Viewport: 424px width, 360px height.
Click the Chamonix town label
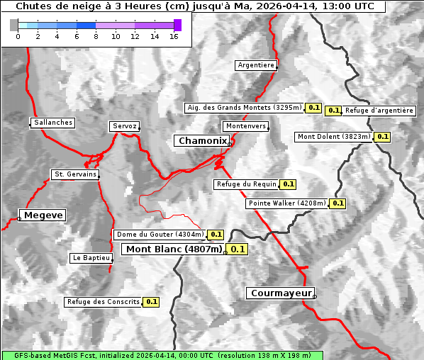tap(202, 141)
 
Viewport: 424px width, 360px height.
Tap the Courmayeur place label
tap(281, 293)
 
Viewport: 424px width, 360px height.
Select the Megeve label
tap(43, 215)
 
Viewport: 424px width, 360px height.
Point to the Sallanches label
tap(53, 123)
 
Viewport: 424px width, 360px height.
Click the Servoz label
tap(124, 126)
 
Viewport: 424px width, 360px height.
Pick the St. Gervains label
tap(75, 174)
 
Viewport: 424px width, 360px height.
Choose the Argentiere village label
tap(256, 65)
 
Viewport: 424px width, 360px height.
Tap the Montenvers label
tap(246, 126)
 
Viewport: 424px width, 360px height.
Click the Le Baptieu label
tap(91, 258)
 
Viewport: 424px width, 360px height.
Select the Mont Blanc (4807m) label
tap(174, 249)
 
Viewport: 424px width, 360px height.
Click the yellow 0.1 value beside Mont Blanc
tap(238, 249)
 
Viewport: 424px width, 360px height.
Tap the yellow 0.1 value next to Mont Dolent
tap(382, 137)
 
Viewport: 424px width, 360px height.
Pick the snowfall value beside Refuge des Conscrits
tap(151, 302)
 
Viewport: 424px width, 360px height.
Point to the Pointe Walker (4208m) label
tap(287, 203)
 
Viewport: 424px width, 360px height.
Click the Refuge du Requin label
tap(246, 184)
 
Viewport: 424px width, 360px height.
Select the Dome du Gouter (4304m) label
tap(160, 235)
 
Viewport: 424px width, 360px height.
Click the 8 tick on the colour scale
tap(96, 36)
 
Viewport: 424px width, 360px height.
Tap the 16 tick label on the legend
tap(173, 36)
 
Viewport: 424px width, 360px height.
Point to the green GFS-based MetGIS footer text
tap(162, 355)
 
